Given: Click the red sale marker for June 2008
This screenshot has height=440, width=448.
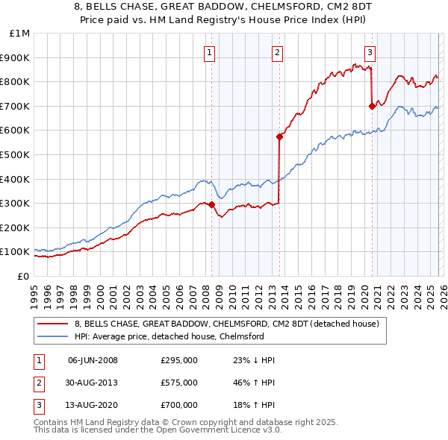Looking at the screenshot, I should pos(211,204).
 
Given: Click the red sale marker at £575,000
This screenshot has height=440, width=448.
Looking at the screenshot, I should pos(279,136).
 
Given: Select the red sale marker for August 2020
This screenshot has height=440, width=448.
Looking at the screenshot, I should pos(372,106).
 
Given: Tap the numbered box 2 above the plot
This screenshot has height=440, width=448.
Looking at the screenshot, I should pos(277,52).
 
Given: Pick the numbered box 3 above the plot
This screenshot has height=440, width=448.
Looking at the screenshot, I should pos(370,52).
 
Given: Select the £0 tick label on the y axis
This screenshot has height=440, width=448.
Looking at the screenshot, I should pos(23,276).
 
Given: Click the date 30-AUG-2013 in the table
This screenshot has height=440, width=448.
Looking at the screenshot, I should pos(93,383).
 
